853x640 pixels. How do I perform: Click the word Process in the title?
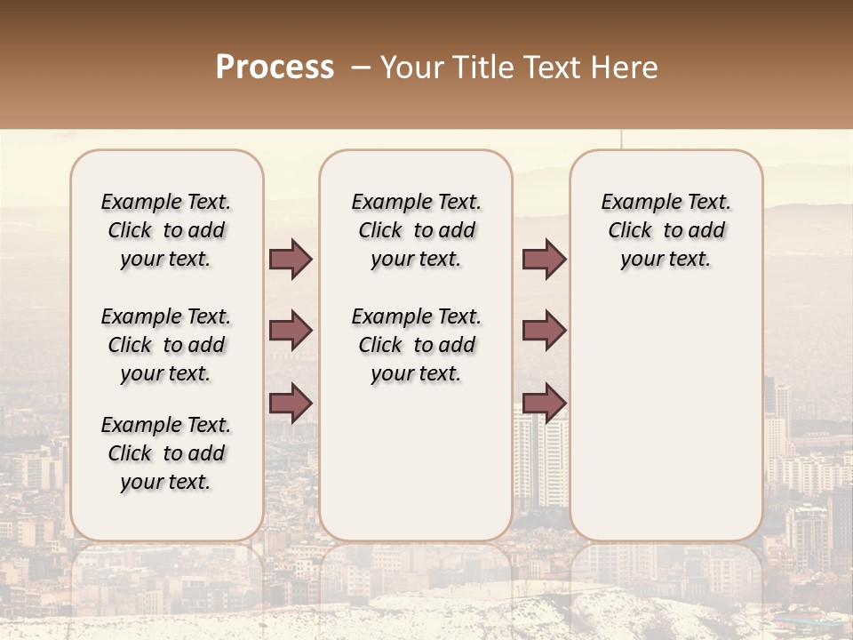275,68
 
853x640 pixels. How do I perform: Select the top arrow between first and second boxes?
291,260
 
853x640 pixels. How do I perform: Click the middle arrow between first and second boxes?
291,332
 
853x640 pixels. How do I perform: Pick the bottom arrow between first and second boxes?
291,403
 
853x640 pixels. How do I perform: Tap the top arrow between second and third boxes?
544,260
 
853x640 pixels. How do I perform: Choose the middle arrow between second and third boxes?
544,332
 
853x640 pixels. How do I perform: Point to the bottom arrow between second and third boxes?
544,403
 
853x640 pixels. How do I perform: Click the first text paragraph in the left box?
166,230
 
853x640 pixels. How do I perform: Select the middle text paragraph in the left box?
166,345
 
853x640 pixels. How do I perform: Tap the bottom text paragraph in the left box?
166,453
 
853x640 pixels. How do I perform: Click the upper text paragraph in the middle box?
417,230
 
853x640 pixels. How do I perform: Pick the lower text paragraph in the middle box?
417,345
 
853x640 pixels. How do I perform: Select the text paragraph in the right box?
666,230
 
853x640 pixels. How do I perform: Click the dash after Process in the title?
359,68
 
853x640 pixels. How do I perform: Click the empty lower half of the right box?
666,427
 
